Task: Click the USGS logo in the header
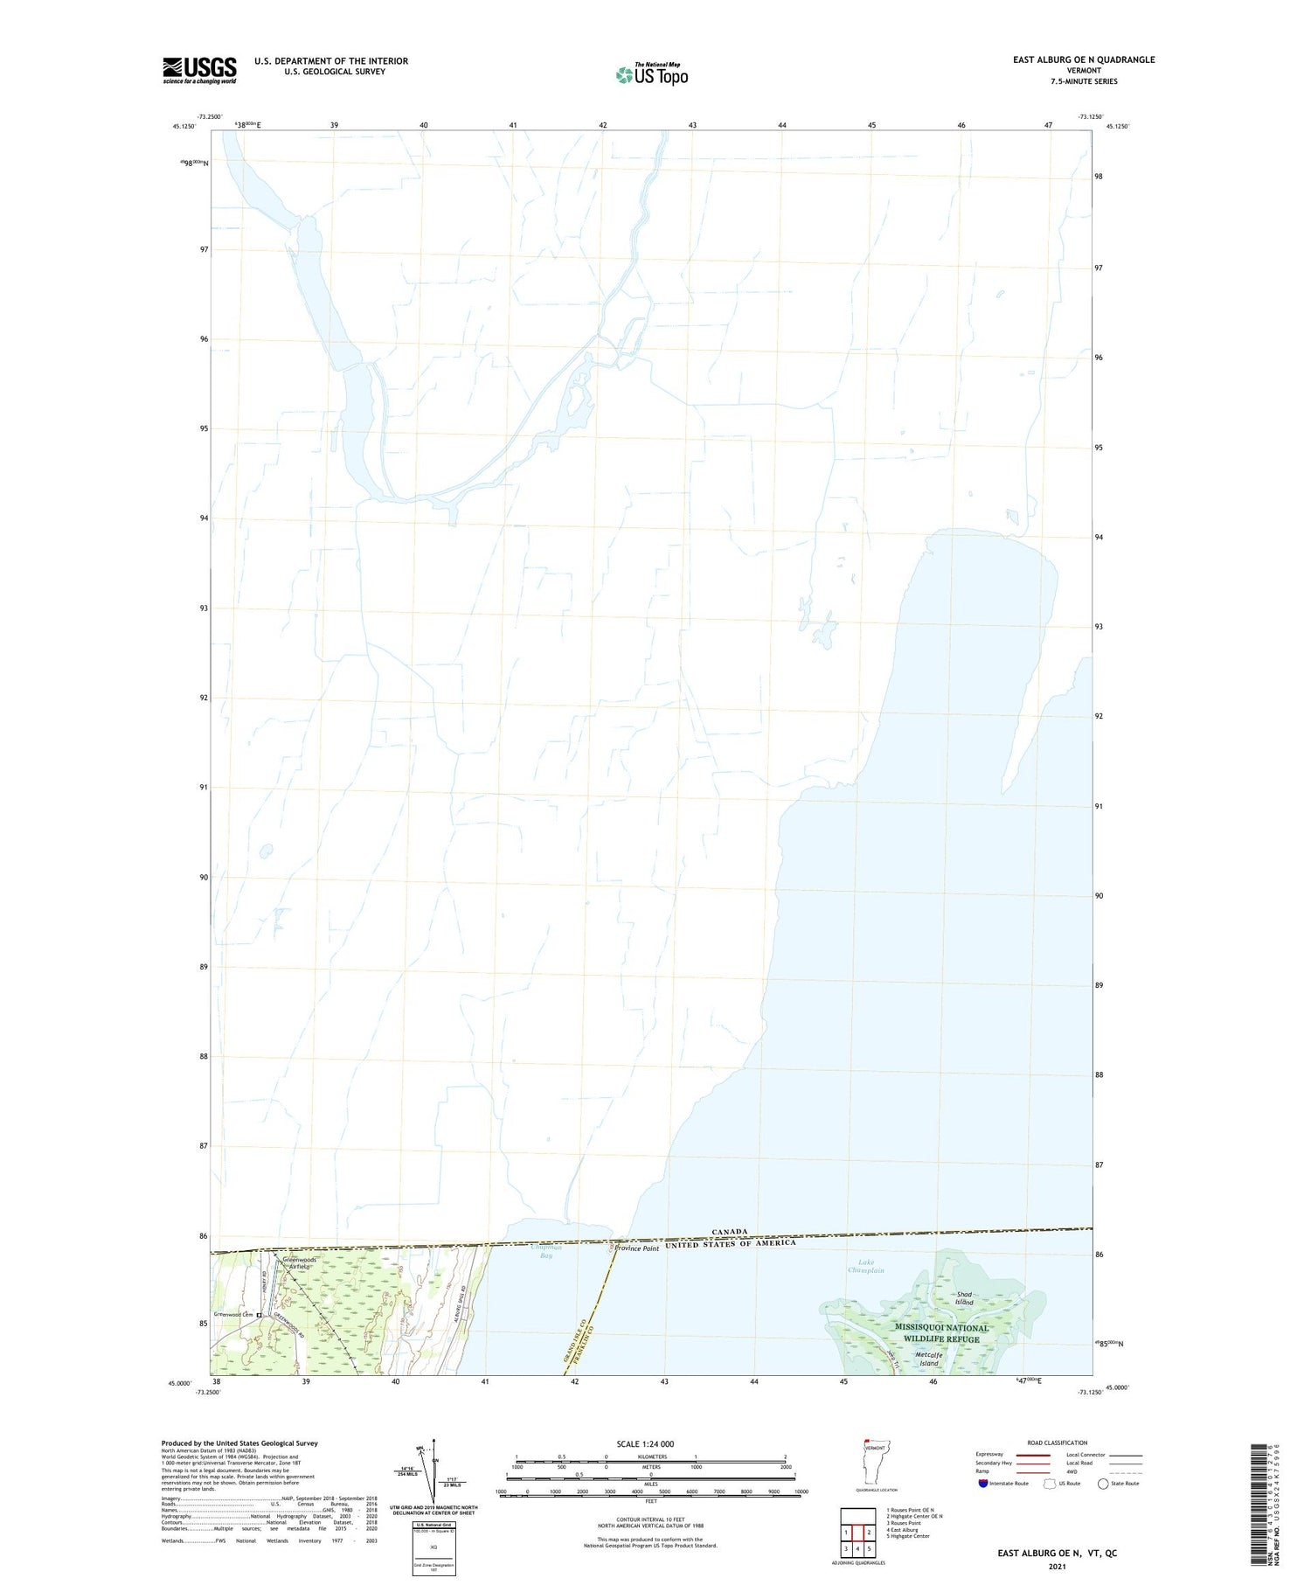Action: [x=199, y=70]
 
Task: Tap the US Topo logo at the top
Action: [x=652, y=75]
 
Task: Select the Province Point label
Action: [x=636, y=1248]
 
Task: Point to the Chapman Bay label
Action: [x=545, y=1251]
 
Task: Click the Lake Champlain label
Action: [x=866, y=1267]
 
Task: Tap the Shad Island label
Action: [x=964, y=1298]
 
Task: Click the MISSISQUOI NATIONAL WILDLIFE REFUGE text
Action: [x=941, y=1333]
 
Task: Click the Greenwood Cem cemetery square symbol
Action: [x=259, y=1315]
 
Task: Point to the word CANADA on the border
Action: [x=729, y=1231]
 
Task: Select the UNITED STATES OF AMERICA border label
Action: [x=731, y=1243]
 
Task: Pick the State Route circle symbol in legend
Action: [x=1103, y=1484]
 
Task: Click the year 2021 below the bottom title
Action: [x=1057, y=1567]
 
